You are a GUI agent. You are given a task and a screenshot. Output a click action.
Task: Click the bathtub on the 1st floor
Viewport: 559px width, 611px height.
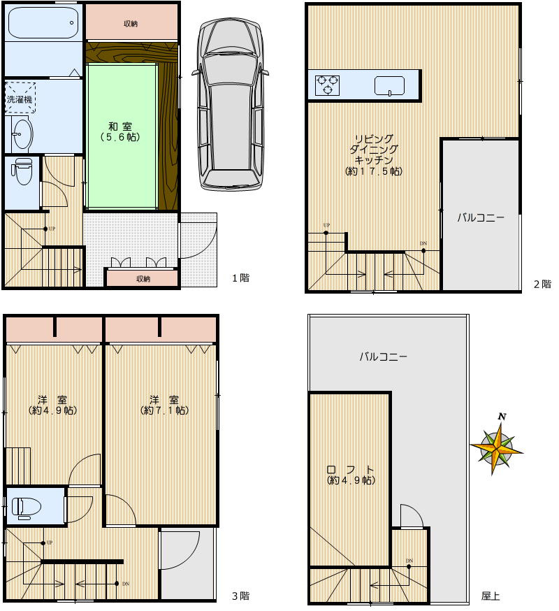click(x=43, y=22)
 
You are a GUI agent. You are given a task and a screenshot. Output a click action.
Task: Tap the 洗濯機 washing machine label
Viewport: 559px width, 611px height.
click(x=20, y=99)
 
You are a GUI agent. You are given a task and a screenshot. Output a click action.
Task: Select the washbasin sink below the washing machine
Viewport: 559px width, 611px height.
click(x=22, y=134)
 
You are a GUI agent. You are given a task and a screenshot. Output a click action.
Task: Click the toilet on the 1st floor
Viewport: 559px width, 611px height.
click(x=22, y=171)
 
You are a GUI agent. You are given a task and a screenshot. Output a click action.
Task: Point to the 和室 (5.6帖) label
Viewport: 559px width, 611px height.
click(x=120, y=131)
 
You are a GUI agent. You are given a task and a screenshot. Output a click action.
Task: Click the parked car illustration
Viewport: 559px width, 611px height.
click(x=230, y=104)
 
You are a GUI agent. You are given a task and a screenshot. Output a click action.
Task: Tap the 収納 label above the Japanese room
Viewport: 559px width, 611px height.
click(x=131, y=24)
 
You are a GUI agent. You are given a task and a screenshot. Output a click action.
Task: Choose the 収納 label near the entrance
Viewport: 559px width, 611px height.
click(x=143, y=279)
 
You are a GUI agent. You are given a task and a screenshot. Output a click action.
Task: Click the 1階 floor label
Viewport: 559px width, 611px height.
click(x=241, y=278)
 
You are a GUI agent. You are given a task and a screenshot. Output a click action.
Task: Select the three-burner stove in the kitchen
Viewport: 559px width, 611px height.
click(x=327, y=85)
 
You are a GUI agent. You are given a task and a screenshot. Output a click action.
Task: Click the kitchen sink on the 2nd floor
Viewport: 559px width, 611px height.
click(x=389, y=86)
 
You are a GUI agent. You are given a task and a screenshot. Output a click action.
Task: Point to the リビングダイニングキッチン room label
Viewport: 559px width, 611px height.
click(x=374, y=154)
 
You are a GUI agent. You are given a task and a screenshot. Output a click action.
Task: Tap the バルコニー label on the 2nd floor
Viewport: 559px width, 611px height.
click(x=481, y=217)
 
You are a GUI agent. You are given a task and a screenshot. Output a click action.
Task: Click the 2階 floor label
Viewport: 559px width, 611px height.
click(x=543, y=284)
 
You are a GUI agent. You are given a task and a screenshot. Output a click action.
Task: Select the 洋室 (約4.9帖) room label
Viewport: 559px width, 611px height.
click(x=52, y=405)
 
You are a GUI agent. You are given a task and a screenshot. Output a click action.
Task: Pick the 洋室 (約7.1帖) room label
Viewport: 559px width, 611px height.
click(x=164, y=405)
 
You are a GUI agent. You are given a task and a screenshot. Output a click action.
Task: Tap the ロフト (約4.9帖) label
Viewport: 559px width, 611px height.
click(x=351, y=475)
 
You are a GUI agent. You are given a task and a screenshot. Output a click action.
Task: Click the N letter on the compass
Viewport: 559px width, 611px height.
click(x=502, y=417)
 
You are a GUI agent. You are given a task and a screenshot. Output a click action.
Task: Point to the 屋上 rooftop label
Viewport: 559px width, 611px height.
click(x=491, y=596)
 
